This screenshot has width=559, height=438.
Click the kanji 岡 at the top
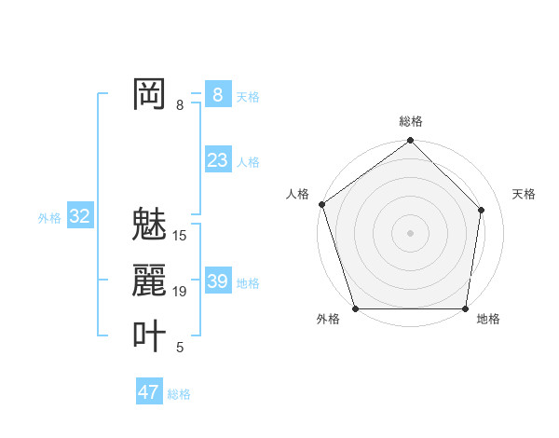click(149, 94)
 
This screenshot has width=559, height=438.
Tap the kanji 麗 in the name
click(149, 281)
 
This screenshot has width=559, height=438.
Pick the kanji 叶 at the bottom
click(149, 336)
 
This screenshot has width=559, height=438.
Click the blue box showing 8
click(217, 95)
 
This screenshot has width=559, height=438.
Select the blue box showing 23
click(217, 160)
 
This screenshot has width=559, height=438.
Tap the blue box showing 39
click(217, 281)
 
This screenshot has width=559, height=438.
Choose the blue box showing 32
click(80, 216)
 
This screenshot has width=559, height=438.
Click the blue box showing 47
click(148, 392)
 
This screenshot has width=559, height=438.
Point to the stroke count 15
click(180, 236)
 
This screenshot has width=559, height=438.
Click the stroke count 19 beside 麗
click(180, 292)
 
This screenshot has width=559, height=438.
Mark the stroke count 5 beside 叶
click(180, 348)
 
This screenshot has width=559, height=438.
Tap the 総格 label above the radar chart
click(411, 121)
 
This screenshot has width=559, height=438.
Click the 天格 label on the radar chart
click(525, 194)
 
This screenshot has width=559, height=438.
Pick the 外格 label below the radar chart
click(328, 319)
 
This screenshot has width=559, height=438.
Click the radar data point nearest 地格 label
click(465, 308)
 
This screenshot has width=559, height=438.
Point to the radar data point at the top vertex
click(410, 142)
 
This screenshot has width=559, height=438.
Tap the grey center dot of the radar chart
click(410, 232)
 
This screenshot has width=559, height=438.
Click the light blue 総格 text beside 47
click(179, 394)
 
